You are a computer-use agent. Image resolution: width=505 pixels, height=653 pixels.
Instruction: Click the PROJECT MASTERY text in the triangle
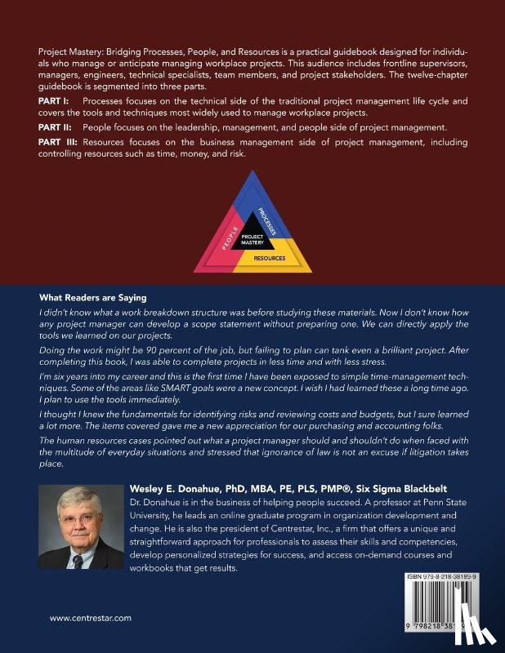point(252,240)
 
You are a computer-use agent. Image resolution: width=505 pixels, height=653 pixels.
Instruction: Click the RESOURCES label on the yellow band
point(269,258)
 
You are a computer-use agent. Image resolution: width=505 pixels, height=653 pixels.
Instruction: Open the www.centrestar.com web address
point(90,618)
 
